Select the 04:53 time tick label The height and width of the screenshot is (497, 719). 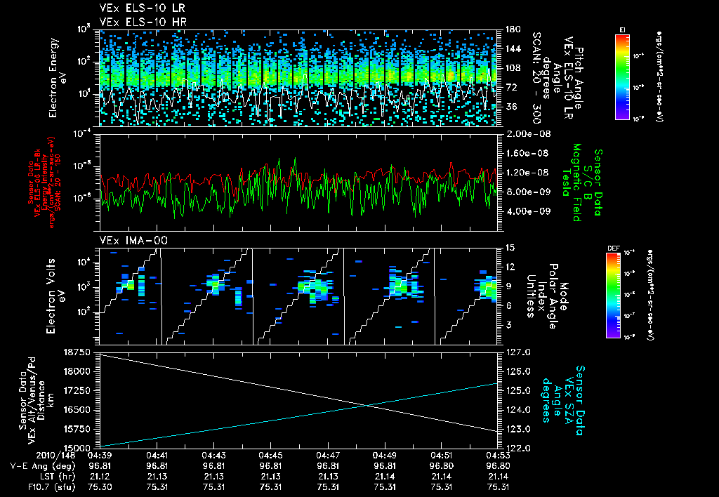[x=497, y=455]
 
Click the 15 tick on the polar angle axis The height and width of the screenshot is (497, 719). [x=510, y=248]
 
